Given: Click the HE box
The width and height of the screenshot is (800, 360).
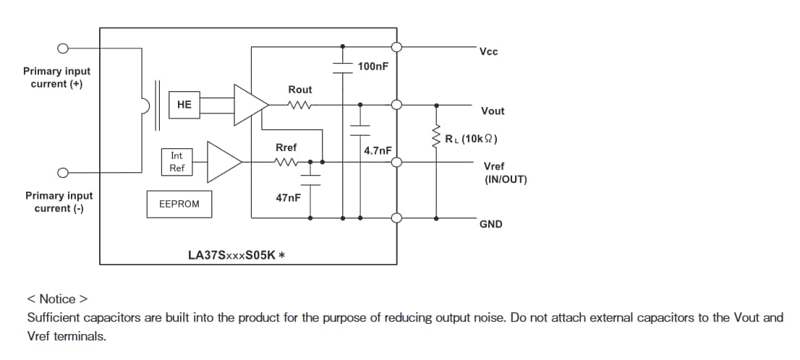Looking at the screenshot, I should pos(184,105).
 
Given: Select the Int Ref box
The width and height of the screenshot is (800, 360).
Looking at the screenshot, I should pos(177,162).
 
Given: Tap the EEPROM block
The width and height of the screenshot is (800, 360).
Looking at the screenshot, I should pos(178,205).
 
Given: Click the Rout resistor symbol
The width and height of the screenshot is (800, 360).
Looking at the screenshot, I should pos(299,105).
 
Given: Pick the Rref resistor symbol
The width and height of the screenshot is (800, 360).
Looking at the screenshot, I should pos(286,162).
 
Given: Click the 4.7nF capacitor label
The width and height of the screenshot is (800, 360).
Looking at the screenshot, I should pos(378,150).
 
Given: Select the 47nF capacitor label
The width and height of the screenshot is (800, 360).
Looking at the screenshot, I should pos(288,197).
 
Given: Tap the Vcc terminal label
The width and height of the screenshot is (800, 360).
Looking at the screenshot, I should pos(488,51).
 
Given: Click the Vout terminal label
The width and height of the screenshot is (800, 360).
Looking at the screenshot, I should pos(493,111).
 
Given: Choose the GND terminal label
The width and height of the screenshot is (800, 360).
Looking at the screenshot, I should pos(490,224).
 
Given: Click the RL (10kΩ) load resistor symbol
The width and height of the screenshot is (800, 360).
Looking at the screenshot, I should pos(436,138).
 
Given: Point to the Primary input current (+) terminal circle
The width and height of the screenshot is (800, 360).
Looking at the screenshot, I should pos(64,49).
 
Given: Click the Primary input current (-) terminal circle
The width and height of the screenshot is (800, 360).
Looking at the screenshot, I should pos(64,173).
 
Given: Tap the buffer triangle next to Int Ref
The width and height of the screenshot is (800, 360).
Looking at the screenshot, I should pos(224,162).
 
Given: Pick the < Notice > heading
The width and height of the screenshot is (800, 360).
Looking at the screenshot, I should pos(57,299).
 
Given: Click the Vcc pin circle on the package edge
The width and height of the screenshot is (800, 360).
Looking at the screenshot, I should pos(396,47).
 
